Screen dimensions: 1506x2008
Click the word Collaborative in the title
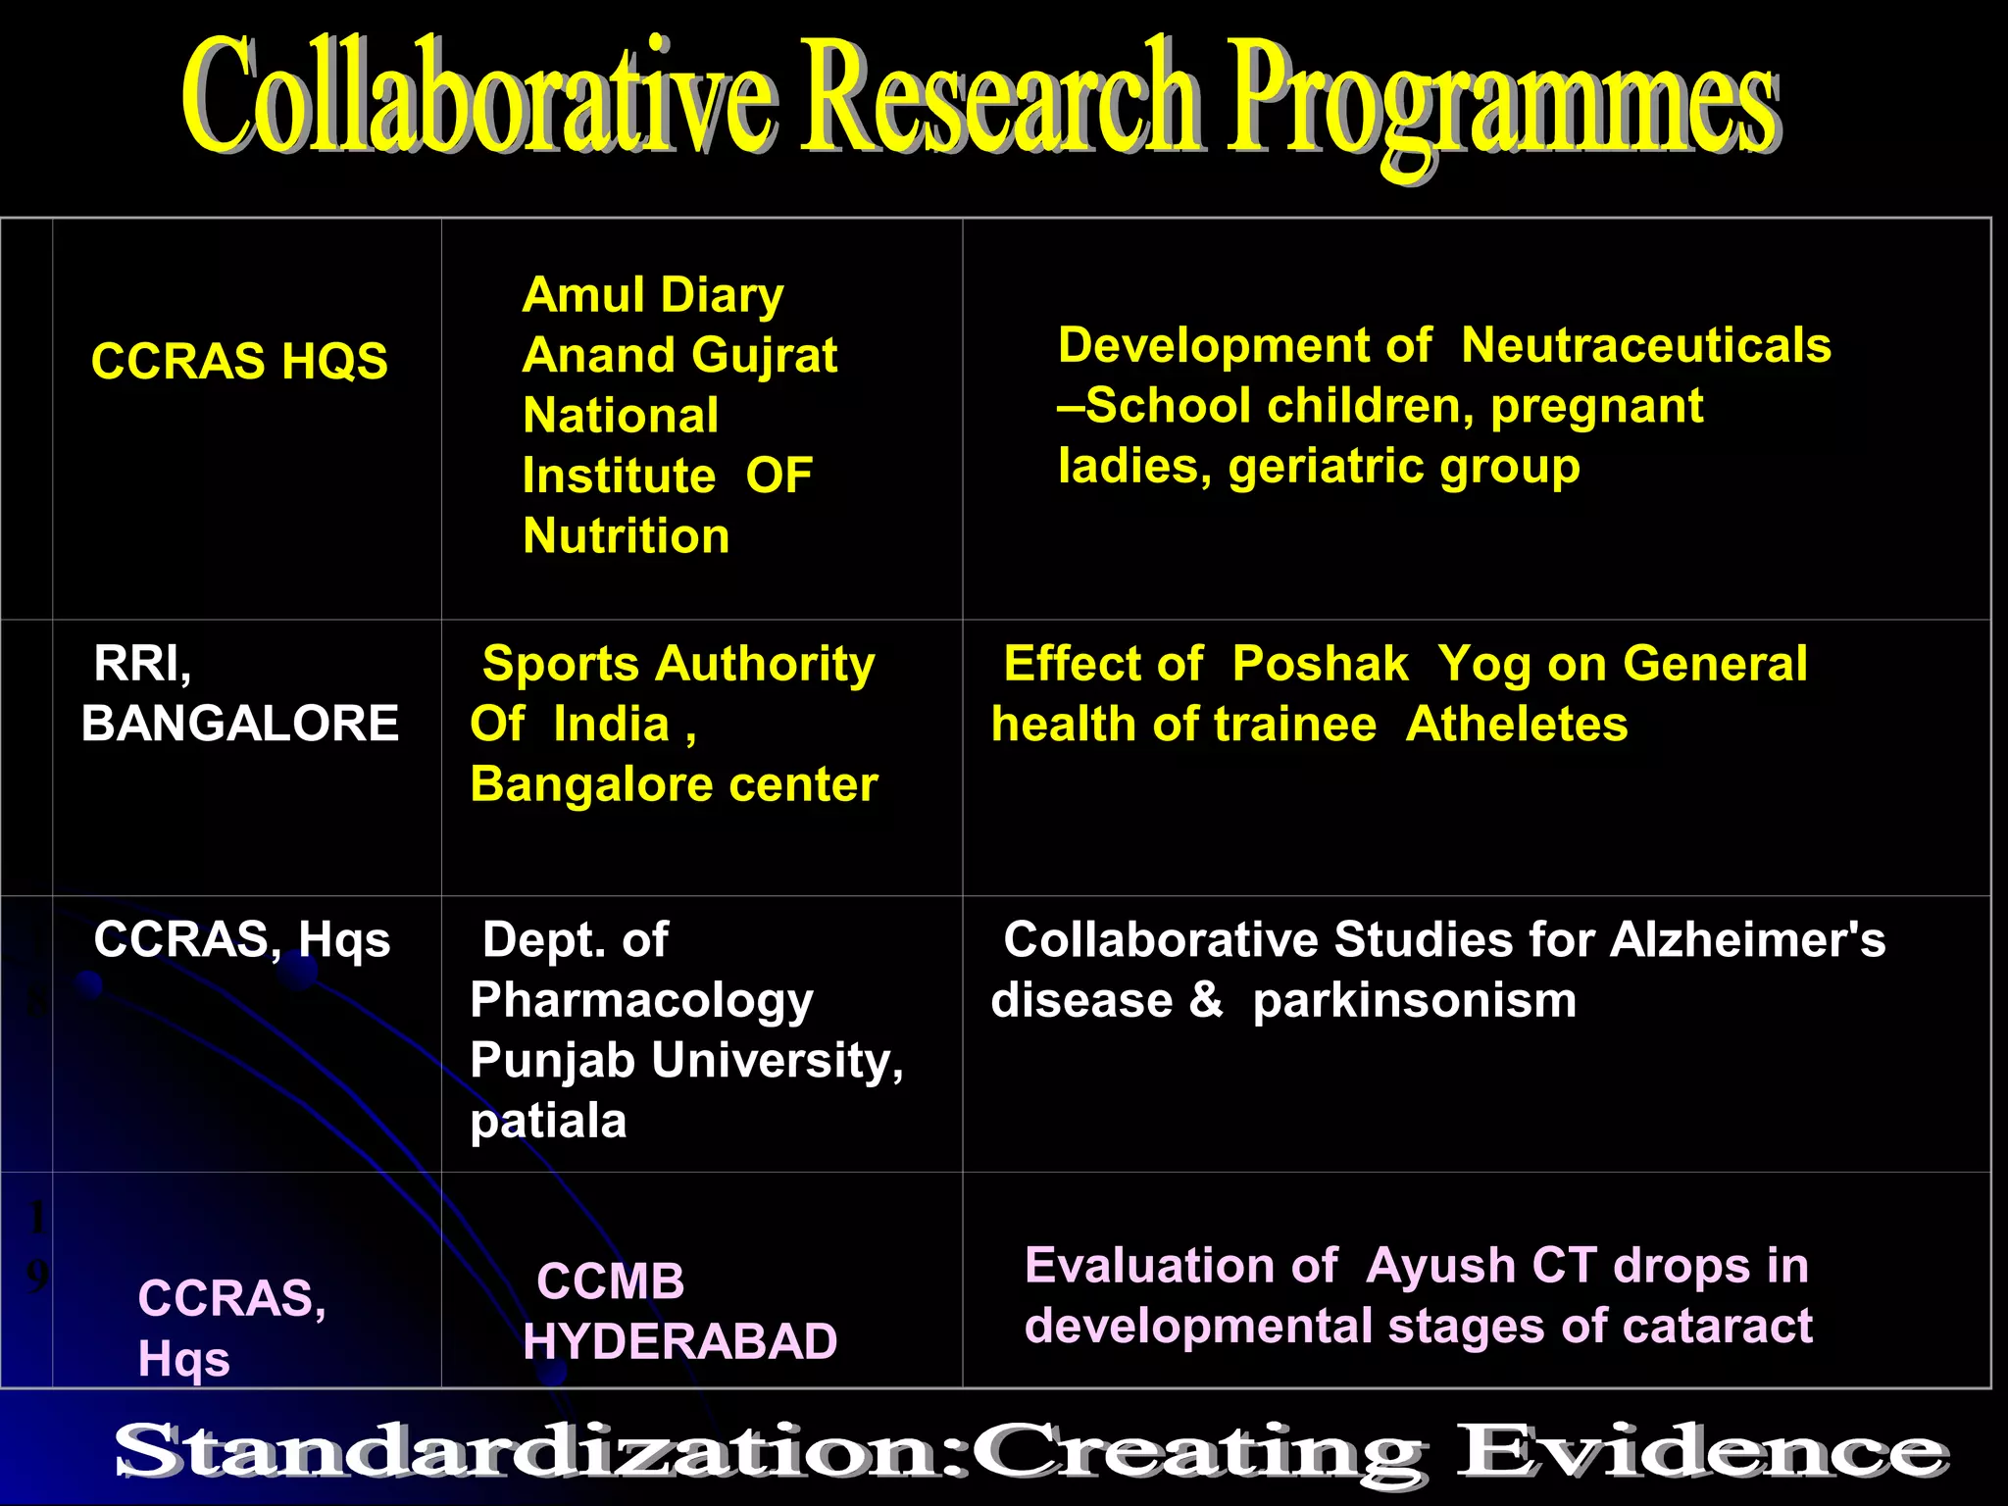(x=480, y=98)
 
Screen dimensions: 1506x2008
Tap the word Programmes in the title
(x=1500, y=103)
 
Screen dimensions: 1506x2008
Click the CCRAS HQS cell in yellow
(x=239, y=361)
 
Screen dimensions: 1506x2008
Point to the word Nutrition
(x=626, y=536)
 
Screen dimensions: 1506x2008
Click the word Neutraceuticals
(x=1645, y=345)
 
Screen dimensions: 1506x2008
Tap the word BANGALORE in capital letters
(x=239, y=724)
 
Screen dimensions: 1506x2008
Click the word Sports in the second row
(x=562, y=664)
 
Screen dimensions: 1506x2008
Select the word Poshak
(x=1320, y=664)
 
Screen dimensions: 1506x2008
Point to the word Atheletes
(x=1516, y=725)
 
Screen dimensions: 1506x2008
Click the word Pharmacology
(x=641, y=1000)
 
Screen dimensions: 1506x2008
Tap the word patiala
(x=548, y=1121)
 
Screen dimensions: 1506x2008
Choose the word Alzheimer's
(x=1747, y=939)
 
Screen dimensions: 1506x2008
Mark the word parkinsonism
(x=1414, y=1000)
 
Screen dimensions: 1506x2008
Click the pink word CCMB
(x=610, y=1281)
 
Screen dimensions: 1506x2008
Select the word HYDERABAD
(x=679, y=1341)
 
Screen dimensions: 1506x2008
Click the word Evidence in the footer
(x=1701, y=1452)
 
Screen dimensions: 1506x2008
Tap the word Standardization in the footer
(x=529, y=1452)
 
